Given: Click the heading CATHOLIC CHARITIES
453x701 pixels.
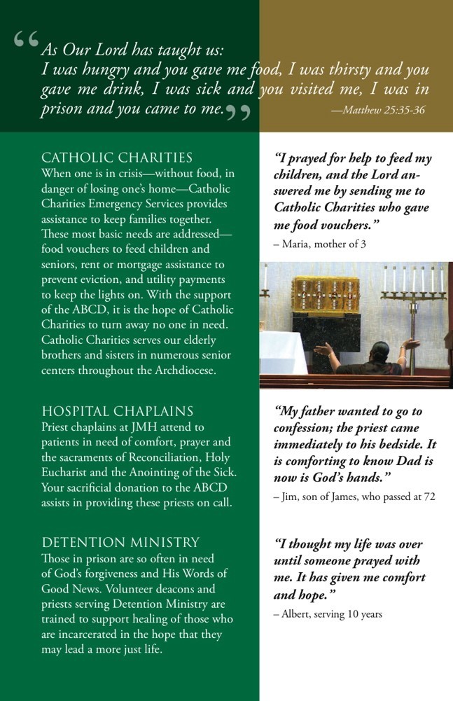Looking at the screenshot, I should click(117, 158).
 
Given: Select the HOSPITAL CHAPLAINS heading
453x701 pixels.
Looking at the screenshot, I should click(118, 411).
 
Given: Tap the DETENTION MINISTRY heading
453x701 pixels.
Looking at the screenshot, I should click(120, 543).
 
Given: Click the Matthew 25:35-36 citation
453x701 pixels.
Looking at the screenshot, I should click(378, 111).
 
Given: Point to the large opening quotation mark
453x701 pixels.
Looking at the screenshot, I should click(26, 41).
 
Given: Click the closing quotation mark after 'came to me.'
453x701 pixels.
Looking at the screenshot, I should click(238, 113).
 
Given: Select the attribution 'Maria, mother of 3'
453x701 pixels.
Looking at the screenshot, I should click(319, 244).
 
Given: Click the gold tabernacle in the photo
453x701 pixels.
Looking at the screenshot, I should click(321, 293).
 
